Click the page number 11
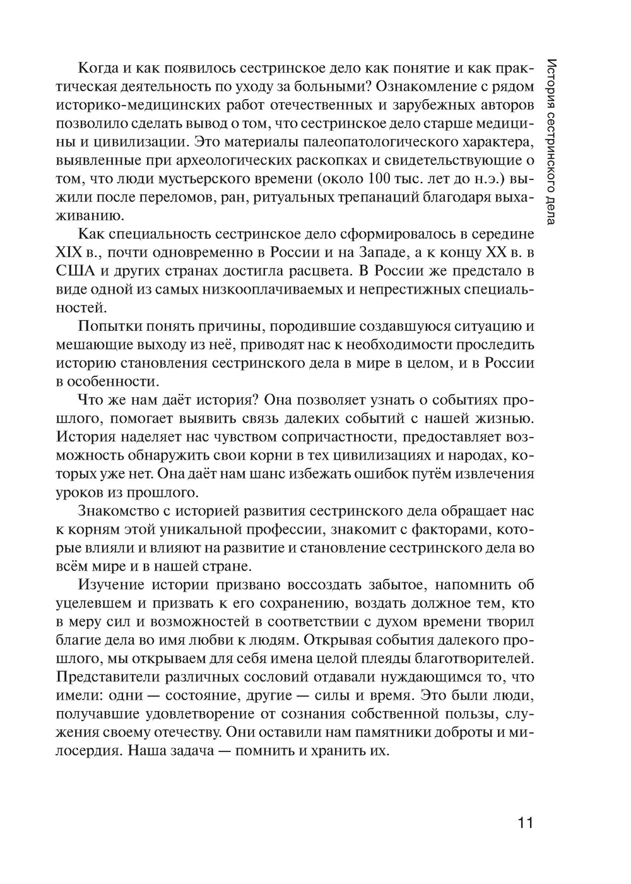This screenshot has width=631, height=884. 525,823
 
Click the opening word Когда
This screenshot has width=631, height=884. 97,69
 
